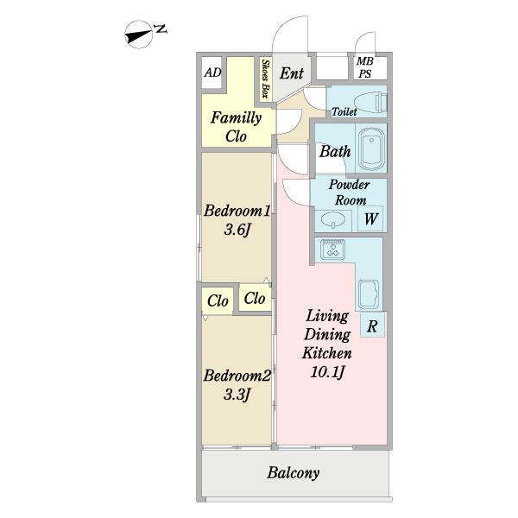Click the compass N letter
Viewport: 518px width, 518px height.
[161, 29]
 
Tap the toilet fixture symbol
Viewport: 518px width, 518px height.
[370, 102]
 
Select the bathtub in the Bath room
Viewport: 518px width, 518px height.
[371, 148]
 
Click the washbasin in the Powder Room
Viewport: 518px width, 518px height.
[333, 219]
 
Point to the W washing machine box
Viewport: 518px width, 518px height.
[370, 218]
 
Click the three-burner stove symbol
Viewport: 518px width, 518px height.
[332, 250]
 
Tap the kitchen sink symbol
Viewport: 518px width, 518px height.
[369, 294]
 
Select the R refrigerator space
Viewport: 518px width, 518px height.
[372, 325]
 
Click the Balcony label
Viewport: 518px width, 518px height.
[293, 473]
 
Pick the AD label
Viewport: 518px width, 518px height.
[212, 73]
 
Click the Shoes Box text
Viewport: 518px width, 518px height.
[265, 79]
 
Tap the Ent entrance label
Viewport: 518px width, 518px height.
[292, 73]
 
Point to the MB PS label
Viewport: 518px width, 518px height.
[365, 67]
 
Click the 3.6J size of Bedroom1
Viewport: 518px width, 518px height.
[237, 230]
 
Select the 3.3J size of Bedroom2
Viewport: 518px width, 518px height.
[237, 395]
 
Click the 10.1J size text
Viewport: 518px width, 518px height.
[327, 372]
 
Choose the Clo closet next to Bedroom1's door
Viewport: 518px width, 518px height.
[255, 299]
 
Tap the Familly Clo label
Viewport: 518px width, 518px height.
[237, 127]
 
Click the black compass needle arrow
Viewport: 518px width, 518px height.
[139, 35]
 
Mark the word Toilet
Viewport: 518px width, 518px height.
[344, 111]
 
